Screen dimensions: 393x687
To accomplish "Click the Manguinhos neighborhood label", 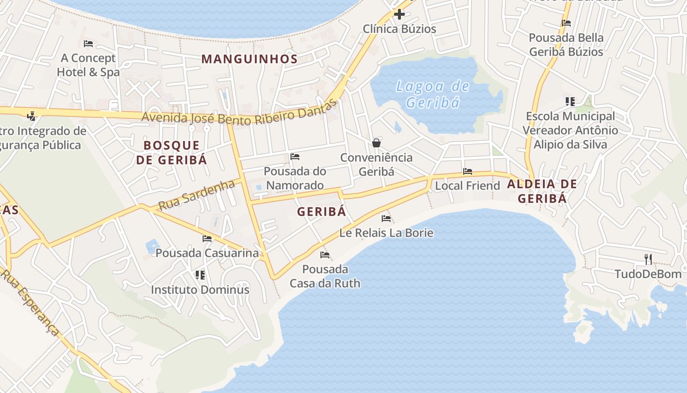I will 249,59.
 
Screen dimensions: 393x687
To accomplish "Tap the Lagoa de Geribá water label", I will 433,94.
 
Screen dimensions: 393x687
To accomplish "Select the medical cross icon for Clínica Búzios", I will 399,14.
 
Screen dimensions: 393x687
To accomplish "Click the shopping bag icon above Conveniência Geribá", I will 376,143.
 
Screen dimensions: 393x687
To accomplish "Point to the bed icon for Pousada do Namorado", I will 295,157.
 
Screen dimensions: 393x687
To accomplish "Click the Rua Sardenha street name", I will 197,195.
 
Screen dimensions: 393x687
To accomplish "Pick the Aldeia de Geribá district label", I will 542,191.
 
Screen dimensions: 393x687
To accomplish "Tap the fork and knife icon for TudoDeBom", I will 648,259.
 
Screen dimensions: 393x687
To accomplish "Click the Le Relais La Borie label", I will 386,232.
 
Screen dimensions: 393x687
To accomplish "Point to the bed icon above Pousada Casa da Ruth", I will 324,254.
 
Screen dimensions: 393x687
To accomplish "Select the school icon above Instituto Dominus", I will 200,275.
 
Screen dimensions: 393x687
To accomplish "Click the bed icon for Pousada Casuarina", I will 207,239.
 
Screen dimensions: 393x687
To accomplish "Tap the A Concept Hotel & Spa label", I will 88,65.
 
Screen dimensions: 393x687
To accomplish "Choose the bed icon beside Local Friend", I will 468,171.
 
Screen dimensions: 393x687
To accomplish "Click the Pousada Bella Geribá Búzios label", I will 566,44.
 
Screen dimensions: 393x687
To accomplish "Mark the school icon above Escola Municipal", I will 570,102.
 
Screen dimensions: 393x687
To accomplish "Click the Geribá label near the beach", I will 321,211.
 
